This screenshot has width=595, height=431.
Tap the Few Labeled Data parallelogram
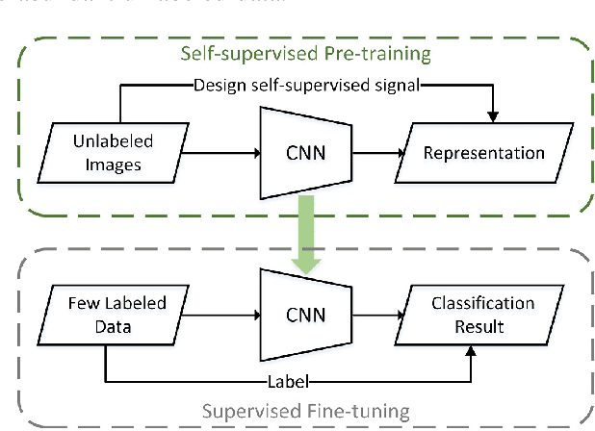coord(104,315)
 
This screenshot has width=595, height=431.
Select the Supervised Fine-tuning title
coord(304,411)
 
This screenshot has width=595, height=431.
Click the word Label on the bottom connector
coord(299,379)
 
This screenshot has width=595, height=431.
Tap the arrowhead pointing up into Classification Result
coord(472,352)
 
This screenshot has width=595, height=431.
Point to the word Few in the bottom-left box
coord(82,303)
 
